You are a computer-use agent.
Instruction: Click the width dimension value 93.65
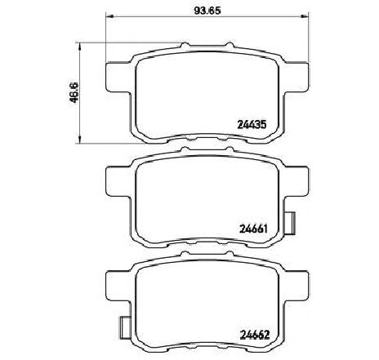tap(207, 11)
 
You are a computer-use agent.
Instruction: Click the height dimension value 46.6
tap(74, 92)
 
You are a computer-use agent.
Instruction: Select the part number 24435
tap(252, 125)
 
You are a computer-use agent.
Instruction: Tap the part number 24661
tap(254, 229)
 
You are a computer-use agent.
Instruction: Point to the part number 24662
tap(255, 335)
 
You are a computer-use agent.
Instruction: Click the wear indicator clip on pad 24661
tap(290, 223)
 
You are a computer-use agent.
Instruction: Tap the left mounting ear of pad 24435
tap(119, 78)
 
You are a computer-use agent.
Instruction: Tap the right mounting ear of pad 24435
tap(296, 78)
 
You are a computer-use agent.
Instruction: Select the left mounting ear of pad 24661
tap(119, 181)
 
